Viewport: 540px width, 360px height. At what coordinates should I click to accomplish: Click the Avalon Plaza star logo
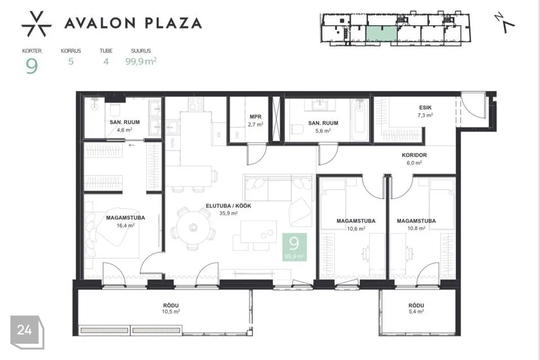click(x=37, y=24)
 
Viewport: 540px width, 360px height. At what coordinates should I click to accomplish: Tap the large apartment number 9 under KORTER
click(x=31, y=66)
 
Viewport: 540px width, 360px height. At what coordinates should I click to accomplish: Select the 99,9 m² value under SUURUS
click(x=141, y=61)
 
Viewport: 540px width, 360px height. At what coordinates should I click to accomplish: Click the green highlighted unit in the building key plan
click(x=381, y=33)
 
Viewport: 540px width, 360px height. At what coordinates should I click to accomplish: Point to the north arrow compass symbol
click(x=505, y=22)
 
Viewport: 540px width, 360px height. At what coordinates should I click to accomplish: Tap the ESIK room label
click(x=425, y=107)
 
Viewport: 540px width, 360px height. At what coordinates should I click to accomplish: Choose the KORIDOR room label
click(x=415, y=155)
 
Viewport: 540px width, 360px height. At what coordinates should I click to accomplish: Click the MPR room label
click(x=255, y=117)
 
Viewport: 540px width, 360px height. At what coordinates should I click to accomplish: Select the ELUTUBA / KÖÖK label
click(x=228, y=206)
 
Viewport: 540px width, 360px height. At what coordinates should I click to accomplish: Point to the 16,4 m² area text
click(x=125, y=226)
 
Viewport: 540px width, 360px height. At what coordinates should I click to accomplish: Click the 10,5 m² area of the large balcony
click(x=171, y=312)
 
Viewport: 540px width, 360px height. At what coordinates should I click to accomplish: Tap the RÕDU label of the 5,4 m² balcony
click(x=416, y=305)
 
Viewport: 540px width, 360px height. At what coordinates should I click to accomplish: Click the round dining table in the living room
click(x=193, y=227)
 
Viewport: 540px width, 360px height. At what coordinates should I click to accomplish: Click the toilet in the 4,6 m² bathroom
click(x=115, y=110)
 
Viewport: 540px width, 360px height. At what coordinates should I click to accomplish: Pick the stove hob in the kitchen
click(x=196, y=103)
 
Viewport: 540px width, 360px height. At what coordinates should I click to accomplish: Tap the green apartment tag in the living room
click(x=294, y=247)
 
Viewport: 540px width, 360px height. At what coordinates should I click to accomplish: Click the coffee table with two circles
click(x=259, y=232)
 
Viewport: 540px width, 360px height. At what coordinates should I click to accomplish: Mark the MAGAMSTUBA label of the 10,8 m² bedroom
click(x=416, y=221)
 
